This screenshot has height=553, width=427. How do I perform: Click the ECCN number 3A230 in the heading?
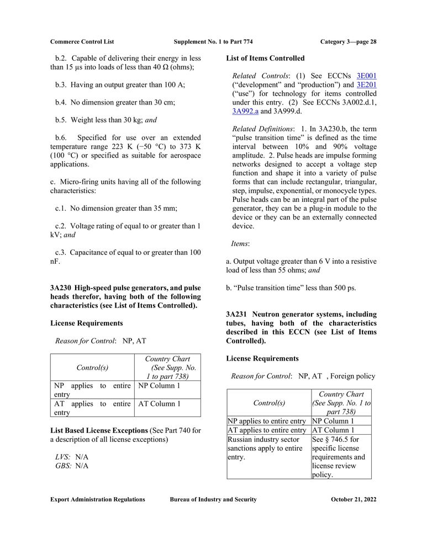click(60, 288)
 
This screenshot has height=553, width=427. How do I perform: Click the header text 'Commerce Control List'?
click(82, 41)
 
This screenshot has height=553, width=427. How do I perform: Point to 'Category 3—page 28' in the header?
click(348, 41)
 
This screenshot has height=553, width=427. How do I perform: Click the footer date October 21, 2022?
click(354, 499)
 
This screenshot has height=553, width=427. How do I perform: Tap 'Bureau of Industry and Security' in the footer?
click(213, 499)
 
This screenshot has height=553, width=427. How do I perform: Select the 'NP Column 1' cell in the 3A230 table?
click(159, 386)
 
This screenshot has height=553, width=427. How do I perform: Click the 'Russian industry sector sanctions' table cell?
click(265, 448)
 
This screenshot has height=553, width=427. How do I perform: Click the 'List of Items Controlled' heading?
click(265, 58)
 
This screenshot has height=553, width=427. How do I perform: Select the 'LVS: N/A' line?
click(72, 457)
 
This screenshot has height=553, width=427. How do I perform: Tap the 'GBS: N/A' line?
click(72, 466)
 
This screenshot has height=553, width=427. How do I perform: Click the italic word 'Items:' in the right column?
click(240, 243)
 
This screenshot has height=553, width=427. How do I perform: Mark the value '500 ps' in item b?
click(345, 288)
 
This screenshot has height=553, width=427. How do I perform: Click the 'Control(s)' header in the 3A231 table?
click(269, 403)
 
